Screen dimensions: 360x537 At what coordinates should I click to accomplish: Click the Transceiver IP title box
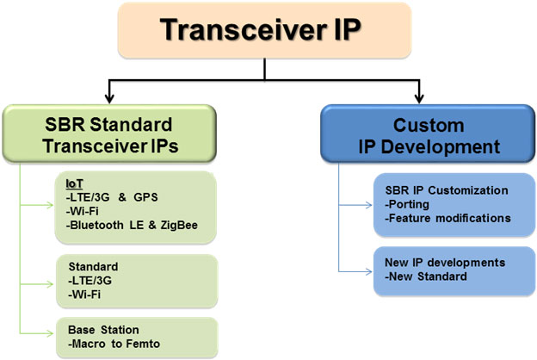point(268,33)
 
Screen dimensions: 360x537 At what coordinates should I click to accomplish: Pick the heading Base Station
point(104,330)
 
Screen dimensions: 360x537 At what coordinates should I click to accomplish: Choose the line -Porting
point(408,204)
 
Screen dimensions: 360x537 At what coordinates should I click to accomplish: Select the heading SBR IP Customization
point(447,189)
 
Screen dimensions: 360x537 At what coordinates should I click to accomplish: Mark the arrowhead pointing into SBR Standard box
point(109,96)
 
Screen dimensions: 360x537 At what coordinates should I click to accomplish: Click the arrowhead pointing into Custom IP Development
point(420,96)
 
